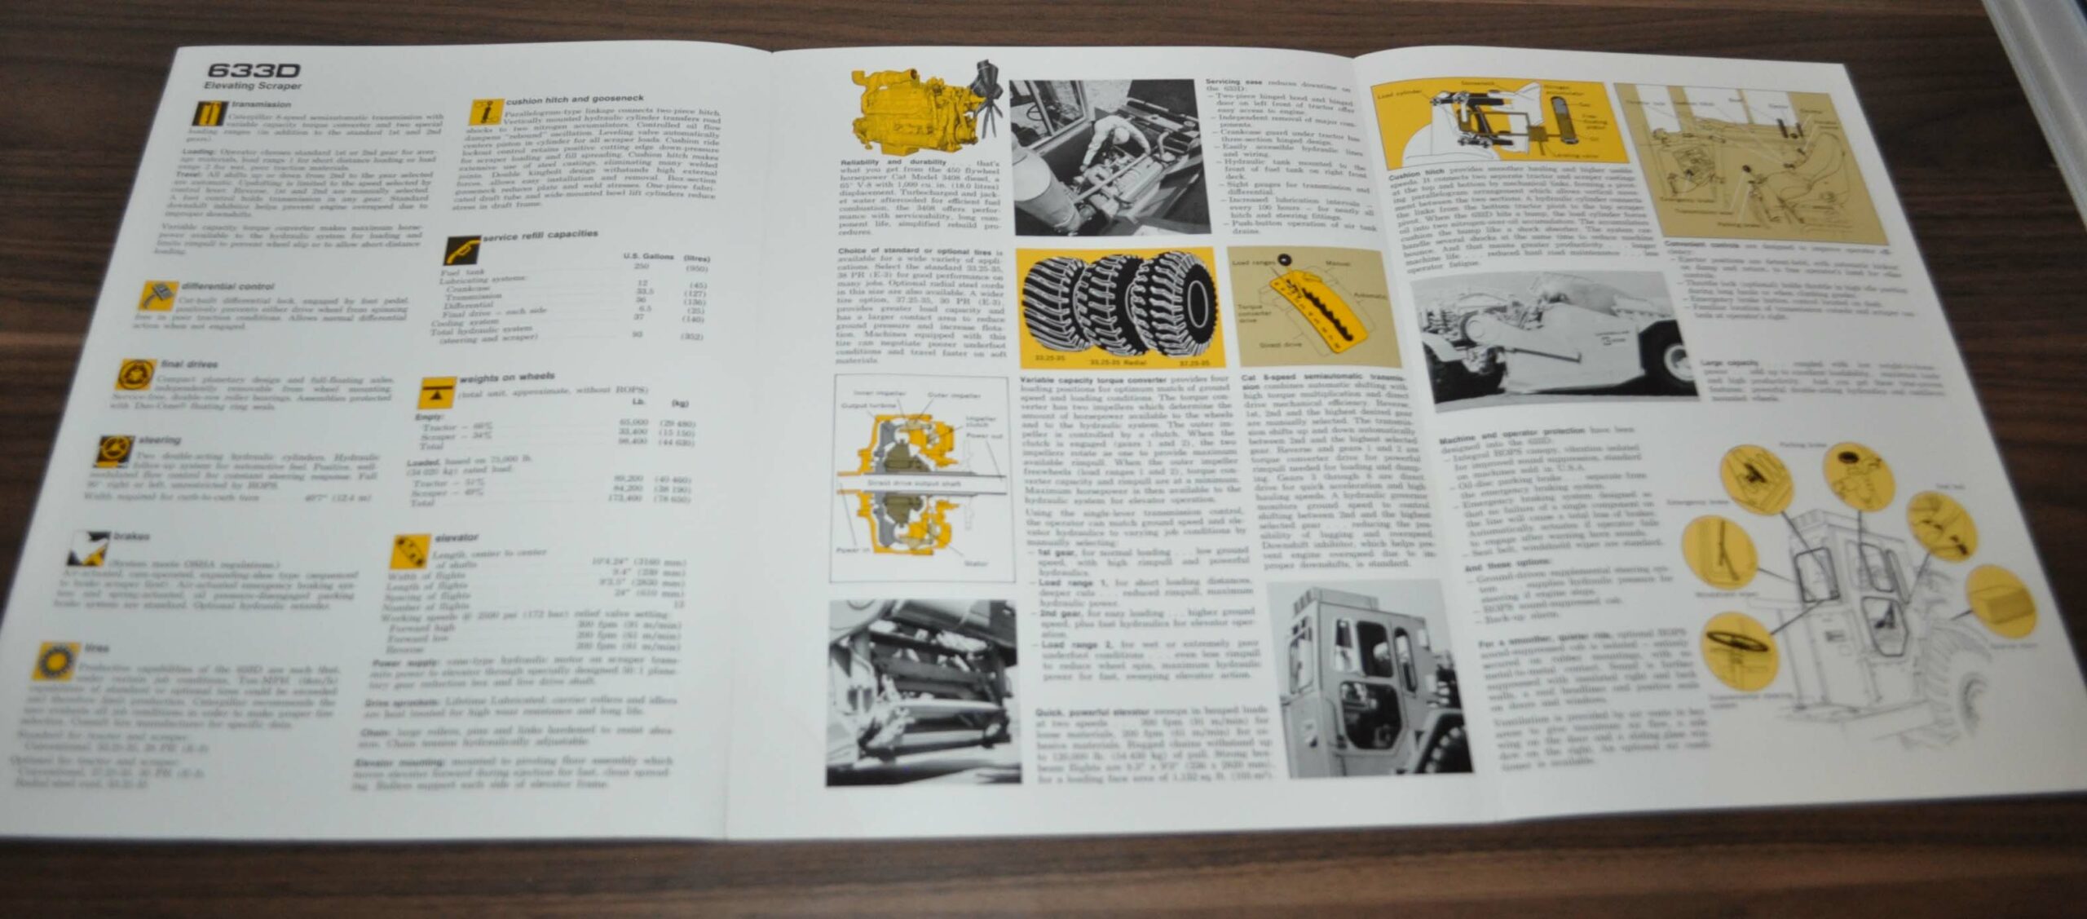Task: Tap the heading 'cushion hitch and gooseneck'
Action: click(x=574, y=99)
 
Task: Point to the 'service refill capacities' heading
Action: click(x=540, y=236)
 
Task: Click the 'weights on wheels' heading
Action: click(x=506, y=378)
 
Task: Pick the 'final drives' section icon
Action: click(x=135, y=375)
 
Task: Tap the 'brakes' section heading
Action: click(x=131, y=537)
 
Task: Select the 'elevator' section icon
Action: click(x=410, y=552)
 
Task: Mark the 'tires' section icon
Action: click(x=57, y=661)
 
